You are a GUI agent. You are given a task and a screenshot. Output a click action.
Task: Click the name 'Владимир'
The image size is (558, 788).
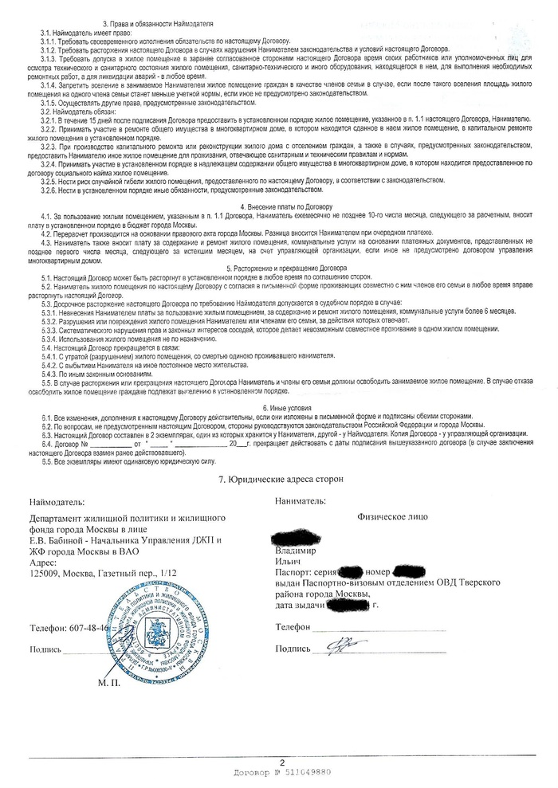[x=296, y=551]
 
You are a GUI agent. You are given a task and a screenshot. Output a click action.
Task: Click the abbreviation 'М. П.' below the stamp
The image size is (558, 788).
[x=108, y=684]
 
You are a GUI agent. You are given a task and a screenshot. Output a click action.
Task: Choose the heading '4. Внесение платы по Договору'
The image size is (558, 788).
[x=279, y=207]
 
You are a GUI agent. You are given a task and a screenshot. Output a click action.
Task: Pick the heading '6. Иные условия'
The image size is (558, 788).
[x=279, y=407]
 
